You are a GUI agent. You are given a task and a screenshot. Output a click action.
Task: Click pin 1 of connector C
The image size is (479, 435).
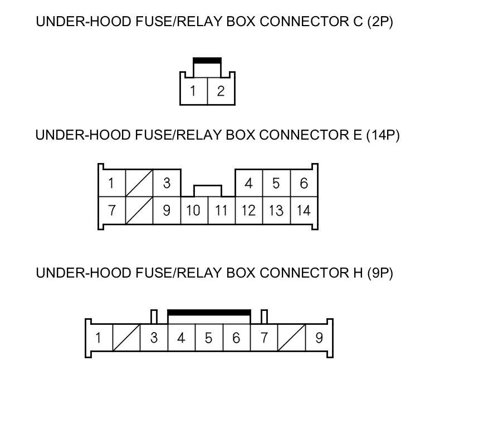point(193,91)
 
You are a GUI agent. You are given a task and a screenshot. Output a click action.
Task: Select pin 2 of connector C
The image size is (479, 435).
point(221,91)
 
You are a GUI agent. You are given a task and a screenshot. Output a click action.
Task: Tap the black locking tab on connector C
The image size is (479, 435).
point(207,60)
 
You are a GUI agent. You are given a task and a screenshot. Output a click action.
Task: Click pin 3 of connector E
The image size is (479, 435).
point(167,183)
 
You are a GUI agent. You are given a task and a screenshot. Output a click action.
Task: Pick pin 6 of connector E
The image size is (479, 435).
point(304,183)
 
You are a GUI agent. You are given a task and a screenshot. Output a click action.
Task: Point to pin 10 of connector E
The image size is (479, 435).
point(194,210)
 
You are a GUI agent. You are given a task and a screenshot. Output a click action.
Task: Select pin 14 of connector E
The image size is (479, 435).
point(304,210)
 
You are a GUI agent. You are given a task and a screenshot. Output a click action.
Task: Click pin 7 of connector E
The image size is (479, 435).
point(112,210)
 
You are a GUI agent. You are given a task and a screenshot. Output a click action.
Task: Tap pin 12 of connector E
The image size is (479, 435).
point(248,210)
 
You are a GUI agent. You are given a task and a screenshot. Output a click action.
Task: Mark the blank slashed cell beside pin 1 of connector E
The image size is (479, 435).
point(139,183)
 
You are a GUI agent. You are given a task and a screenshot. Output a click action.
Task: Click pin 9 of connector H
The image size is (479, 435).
point(319,338)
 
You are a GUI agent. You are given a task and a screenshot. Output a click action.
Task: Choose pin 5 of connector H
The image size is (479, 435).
point(208,338)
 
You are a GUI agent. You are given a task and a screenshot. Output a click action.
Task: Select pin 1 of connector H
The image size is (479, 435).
point(99,338)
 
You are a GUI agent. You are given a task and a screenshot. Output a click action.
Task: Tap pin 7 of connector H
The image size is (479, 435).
point(264,338)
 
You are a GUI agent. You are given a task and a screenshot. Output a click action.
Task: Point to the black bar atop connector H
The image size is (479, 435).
point(209,313)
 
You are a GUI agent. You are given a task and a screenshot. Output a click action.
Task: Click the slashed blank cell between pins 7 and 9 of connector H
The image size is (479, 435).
point(291,338)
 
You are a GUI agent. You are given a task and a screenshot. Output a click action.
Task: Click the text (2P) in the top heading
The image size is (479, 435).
point(380,22)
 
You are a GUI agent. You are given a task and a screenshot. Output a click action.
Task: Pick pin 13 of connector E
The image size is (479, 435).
point(276,210)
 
